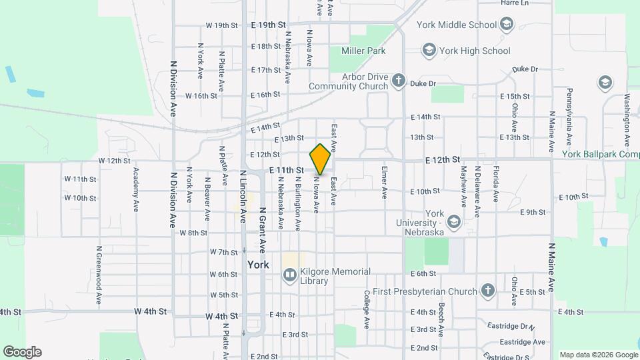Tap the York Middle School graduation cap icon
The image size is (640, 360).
click(507, 25)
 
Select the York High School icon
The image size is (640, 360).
click(428, 51)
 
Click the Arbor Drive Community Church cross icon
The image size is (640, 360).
click(399, 81)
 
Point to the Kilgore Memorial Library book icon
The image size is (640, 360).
click(290, 273)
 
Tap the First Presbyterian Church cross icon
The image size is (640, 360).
click(488, 291)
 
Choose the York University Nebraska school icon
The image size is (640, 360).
click(454, 221)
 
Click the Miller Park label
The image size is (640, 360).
click(363, 51)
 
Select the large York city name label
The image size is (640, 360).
click(258, 265)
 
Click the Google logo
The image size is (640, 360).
click(22, 352)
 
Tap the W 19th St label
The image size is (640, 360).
click(221, 25)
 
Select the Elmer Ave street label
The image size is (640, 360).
click(385, 183)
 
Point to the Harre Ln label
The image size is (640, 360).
click(515, 3)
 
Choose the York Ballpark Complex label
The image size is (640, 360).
click(600, 154)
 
